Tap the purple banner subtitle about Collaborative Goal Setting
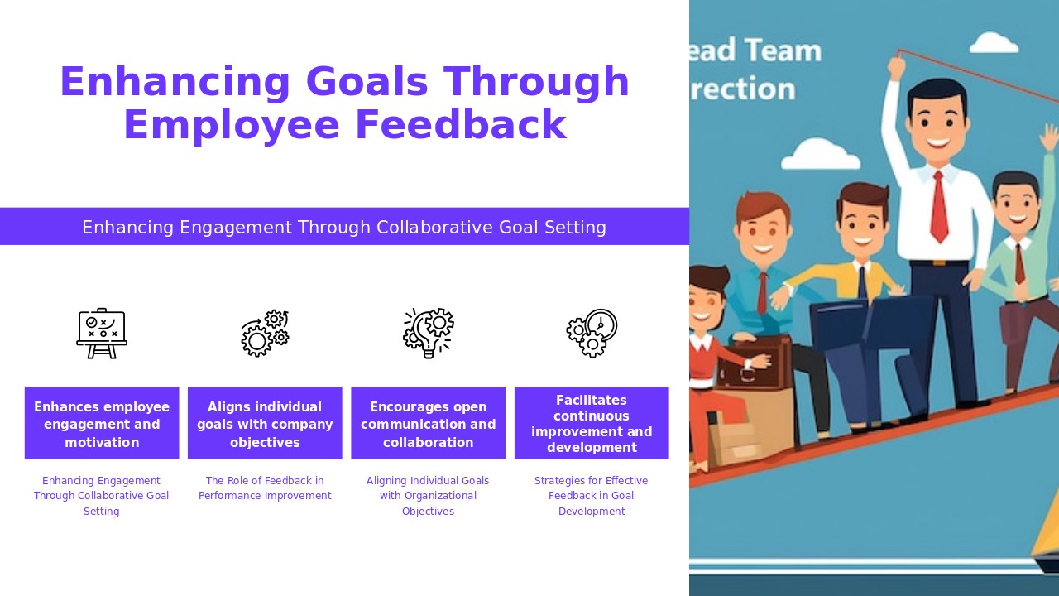tap(344, 227)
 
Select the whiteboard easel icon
tap(102, 334)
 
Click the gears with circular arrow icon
tap(265, 334)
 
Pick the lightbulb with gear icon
tap(428, 334)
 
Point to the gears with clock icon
tap(592, 334)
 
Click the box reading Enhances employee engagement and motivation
tap(102, 423)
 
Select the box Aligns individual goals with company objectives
tap(265, 423)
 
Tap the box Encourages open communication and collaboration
tap(428, 423)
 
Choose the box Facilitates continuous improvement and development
tap(592, 423)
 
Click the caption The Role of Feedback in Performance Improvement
tap(265, 488)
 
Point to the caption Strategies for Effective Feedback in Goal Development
tap(592, 496)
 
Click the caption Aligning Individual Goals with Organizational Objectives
tap(428, 496)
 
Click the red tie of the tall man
tap(939, 207)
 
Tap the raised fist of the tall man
tap(896, 66)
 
